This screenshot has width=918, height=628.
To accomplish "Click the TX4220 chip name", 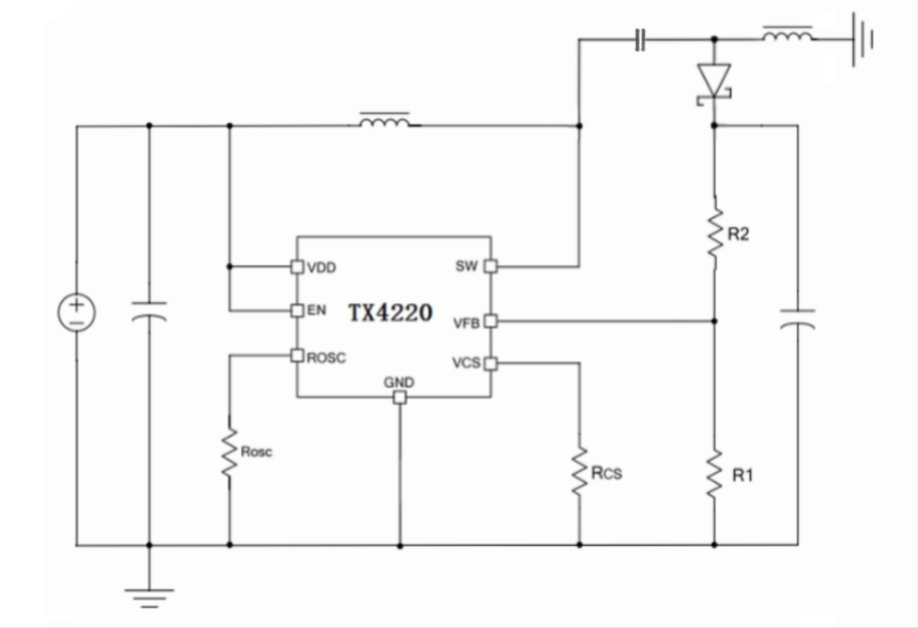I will pos(390,313).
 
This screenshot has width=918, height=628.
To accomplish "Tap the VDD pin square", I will pos(297,267).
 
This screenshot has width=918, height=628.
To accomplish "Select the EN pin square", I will pos(297,311).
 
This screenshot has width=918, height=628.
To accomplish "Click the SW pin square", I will pos(491,266).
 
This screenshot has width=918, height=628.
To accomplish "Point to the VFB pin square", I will pos(491,321).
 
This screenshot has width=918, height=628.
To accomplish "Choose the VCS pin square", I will pos(491,363).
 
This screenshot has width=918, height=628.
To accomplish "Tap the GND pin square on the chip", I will pos(400,398).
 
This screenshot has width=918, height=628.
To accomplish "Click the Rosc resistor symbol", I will pos(230,453).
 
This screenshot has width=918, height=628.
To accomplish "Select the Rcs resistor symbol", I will pos(580,471).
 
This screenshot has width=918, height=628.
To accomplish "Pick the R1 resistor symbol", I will pos(714,474).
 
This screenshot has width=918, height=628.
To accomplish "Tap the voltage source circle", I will pos(77,312).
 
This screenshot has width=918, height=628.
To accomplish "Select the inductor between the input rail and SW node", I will pos(384,122).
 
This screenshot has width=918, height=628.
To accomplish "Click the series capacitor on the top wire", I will pos(640,39).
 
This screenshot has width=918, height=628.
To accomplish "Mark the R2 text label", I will pos(738,234).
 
